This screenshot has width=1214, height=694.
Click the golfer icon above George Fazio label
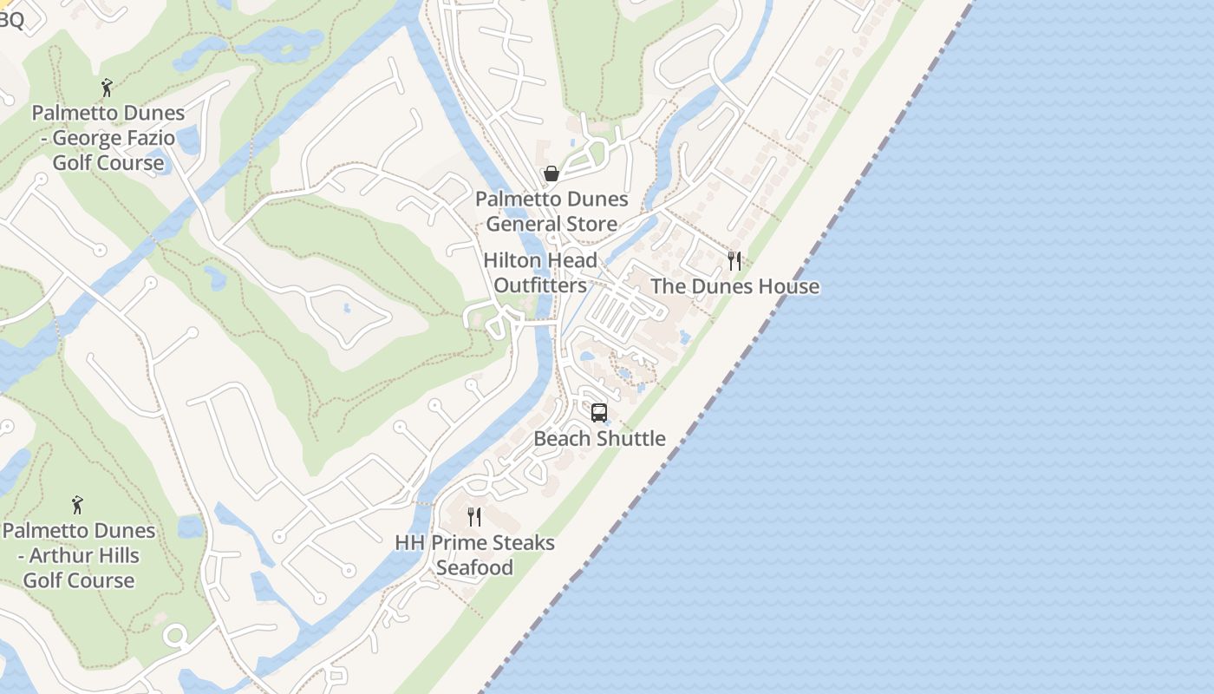click(x=107, y=88)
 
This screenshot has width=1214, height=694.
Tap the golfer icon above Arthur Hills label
click(x=77, y=505)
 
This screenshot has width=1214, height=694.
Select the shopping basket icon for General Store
click(x=551, y=174)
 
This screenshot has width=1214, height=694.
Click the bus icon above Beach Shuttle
click(x=599, y=413)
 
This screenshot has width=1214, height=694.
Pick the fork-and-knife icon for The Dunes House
click(x=734, y=261)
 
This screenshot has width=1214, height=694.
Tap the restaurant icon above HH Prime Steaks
click(x=474, y=517)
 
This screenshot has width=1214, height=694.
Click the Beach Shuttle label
click(x=599, y=438)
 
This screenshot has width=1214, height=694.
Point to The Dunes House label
click(x=734, y=286)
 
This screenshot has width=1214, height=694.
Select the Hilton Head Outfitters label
click(x=540, y=272)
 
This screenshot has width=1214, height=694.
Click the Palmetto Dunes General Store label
click(x=552, y=211)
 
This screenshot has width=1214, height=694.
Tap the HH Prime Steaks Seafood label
click(x=474, y=554)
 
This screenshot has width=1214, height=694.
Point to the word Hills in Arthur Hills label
click(x=114, y=555)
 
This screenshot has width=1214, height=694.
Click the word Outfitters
click(x=540, y=285)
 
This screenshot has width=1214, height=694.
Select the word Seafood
click(x=474, y=567)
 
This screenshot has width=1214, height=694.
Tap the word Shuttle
click(x=631, y=438)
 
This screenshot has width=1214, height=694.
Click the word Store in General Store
click(x=589, y=224)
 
